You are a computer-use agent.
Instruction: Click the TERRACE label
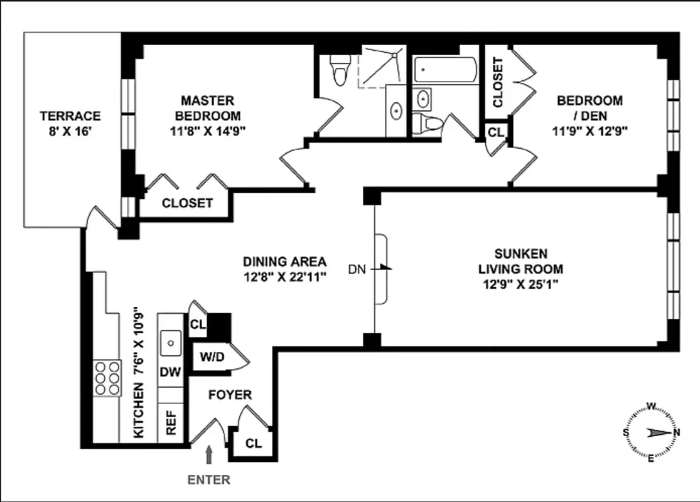[70, 116]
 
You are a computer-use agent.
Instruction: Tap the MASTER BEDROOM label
[208, 108]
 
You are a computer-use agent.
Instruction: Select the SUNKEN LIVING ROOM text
[520, 261]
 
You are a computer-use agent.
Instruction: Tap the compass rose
[651, 432]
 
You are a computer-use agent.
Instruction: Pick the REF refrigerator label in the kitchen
[170, 422]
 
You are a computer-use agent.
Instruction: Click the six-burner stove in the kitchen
[107, 377]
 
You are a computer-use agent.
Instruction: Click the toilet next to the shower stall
[340, 68]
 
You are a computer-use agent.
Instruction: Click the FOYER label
[230, 395]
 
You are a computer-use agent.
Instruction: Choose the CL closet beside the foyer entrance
[253, 444]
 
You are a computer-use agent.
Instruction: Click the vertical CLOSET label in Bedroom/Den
[498, 82]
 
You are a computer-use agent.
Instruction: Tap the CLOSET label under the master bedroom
[187, 203]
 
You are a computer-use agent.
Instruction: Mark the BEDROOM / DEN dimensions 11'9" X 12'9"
[590, 131]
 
